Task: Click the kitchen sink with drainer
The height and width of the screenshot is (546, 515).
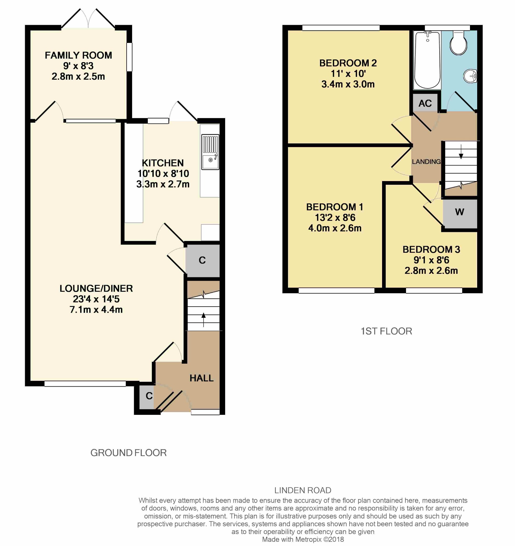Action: [210, 152]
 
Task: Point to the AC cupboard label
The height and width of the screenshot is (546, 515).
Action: [425, 103]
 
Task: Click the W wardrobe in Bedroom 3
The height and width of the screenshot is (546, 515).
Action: [460, 214]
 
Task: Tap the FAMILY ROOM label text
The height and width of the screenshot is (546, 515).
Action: [78, 55]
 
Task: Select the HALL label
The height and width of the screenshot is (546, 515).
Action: [201, 378]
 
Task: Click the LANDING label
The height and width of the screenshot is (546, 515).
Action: [426, 162]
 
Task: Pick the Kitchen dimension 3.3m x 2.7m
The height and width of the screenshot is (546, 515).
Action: [163, 184]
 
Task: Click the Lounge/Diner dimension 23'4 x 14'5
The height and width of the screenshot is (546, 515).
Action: [96, 299]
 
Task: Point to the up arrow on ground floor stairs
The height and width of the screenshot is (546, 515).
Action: [204, 320]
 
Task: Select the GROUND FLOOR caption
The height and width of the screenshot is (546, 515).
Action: [128, 453]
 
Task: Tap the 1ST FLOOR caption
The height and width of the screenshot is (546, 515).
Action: [386, 331]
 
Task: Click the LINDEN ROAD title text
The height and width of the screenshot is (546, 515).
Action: [303, 490]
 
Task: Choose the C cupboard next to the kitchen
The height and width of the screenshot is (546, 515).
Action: [202, 261]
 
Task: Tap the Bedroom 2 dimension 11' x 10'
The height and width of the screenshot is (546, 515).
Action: [348, 74]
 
